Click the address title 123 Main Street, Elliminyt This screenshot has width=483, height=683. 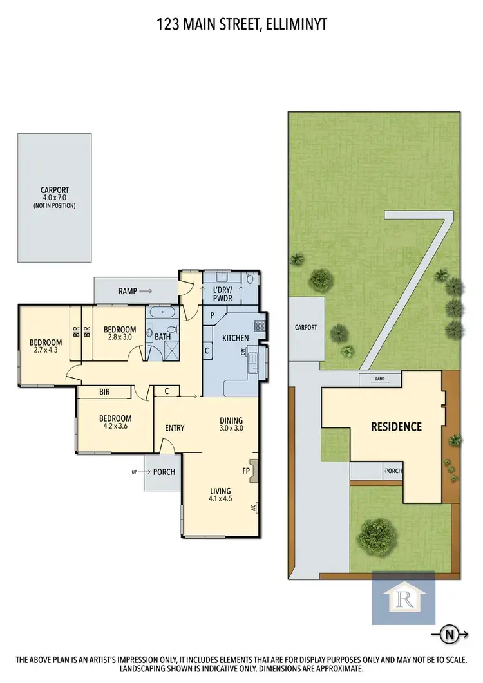point(241,25)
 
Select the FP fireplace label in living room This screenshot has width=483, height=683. point(245,471)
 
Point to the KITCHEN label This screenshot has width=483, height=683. point(236,338)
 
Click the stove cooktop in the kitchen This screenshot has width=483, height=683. point(260,326)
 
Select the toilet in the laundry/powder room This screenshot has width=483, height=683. point(250,279)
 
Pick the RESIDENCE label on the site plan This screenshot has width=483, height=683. point(395,426)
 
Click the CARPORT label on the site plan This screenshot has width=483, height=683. point(306,328)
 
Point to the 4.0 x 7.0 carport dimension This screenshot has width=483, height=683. point(55,198)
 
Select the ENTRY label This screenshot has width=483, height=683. point(175,428)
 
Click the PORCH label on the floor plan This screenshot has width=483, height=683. point(164,472)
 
